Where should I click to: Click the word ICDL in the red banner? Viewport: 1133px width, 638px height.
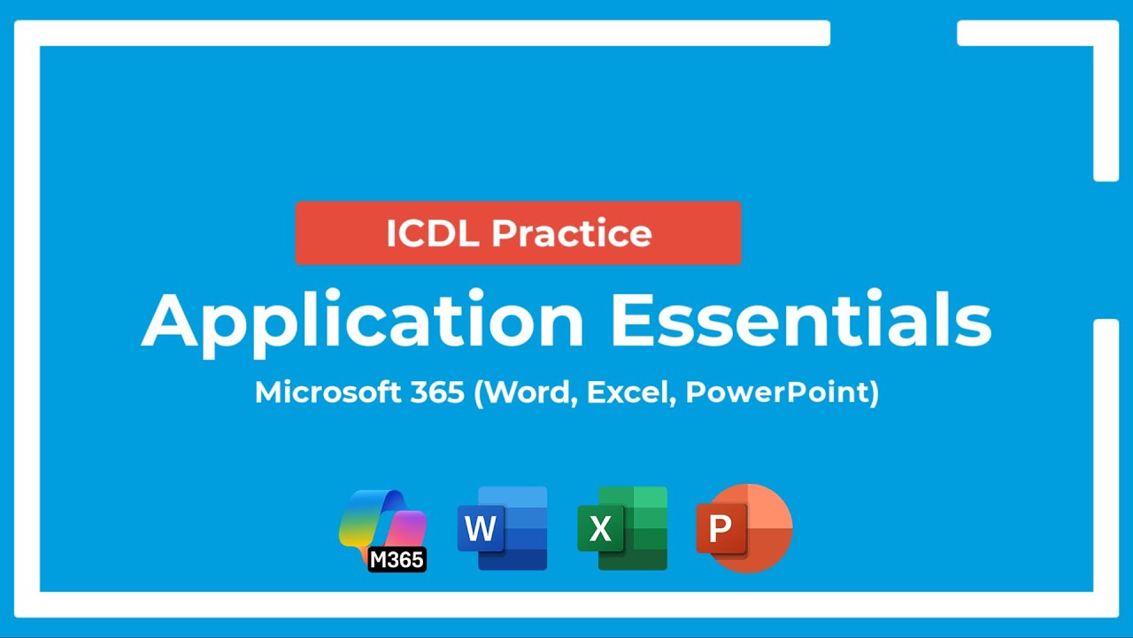coord(431,233)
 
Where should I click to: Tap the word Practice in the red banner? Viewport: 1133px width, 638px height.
coord(572,233)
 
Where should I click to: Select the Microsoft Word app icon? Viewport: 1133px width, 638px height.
coord(503,528)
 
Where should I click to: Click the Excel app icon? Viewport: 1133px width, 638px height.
coord(622,528)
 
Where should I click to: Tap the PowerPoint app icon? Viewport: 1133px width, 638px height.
coord(744,528)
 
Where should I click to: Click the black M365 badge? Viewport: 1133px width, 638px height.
coord(397,559)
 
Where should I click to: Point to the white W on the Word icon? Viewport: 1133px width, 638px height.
coord(480,529)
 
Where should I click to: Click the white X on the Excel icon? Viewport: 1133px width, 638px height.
coord(600,529)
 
